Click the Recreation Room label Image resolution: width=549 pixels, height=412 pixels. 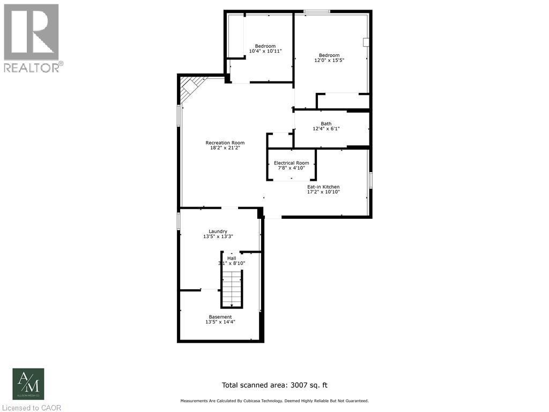pyautogui.click(x=225, y=143)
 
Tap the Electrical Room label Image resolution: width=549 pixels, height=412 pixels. pyautogui.click(x=291, y=163)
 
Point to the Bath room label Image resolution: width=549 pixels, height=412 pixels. pyautogui.click(x=326, y=123)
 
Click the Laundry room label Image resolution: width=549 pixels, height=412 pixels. pyautogui.click(x=218, y=231)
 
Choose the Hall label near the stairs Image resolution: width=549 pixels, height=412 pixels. pyautogui.click(x=231, y=258)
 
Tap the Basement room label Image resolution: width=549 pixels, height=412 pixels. pyautogui.click(x=220, y=317)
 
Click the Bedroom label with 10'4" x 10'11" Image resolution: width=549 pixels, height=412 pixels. pyautogui.click(x=265, y=46)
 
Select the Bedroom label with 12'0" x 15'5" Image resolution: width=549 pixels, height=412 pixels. pyautogui.click(x=329, y=55)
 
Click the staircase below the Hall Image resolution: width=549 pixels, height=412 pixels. pyautogui.click(x=232, y=288)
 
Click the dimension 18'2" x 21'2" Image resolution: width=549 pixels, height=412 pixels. pyautogui.click(x=225, y=149)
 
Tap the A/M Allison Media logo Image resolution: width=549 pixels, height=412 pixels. pyautogui.click(x=28, y=384)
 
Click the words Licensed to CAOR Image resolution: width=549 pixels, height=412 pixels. pyautogui.click(x=31, y=408)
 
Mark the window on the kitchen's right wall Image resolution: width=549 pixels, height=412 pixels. pyautogui.click(x=370, y=180)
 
